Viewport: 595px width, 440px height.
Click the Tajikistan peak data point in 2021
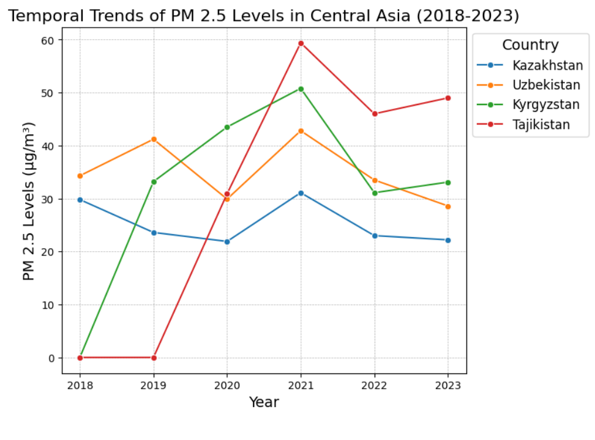tap(301, 43)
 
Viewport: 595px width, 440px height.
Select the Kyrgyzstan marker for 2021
tap(301, 89)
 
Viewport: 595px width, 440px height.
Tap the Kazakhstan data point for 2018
tap(80, 200)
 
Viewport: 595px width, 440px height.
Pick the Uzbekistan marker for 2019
tap(154, 139)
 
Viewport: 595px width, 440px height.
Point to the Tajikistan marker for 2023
tap(447, 98)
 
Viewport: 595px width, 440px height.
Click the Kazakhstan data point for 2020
tap(227, 241)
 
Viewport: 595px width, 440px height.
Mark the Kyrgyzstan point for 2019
tap(154, 182)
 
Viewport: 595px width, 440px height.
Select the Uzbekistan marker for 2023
tap(447, 207)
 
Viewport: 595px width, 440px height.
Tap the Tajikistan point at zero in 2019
tap(154, 358)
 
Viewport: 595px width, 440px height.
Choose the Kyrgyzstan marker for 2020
tap(227, 127)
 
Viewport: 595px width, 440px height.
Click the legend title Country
tap(530, 45)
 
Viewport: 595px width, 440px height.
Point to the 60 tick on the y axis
tap(48, 40)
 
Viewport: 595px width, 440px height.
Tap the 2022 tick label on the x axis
tap(374, 385)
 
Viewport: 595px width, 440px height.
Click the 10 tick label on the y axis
tap(48, 305)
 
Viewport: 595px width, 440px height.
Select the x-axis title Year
tap(264, 402)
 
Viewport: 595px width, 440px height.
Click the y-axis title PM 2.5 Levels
tap(29, 201)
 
